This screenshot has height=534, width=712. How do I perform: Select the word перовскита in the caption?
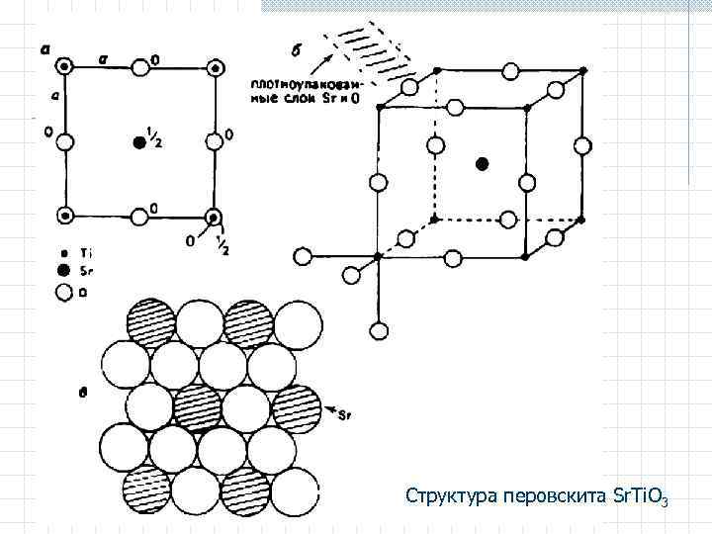pyautogui.click(x=547, y=493)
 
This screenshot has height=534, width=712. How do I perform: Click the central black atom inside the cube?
pyautogui.click(x=482, y=163)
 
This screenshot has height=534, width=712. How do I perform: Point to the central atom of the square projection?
pyautogui.click(x=138, y=142)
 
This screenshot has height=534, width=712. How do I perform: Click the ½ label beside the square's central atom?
pyautogui.click(x=155, y=138)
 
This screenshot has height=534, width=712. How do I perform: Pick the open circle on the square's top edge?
pyautogui.click(x=139, y=66)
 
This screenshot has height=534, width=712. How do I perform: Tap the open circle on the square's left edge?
pyautogui.click(x=65, y=141)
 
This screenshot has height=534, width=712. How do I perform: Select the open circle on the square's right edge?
pyautogui.click(x=213, y=141)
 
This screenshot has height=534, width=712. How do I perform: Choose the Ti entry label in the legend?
pyautogui.click(x=85, y=253)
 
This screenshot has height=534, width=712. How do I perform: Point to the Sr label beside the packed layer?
pyautogui.click(x=345, y=416)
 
